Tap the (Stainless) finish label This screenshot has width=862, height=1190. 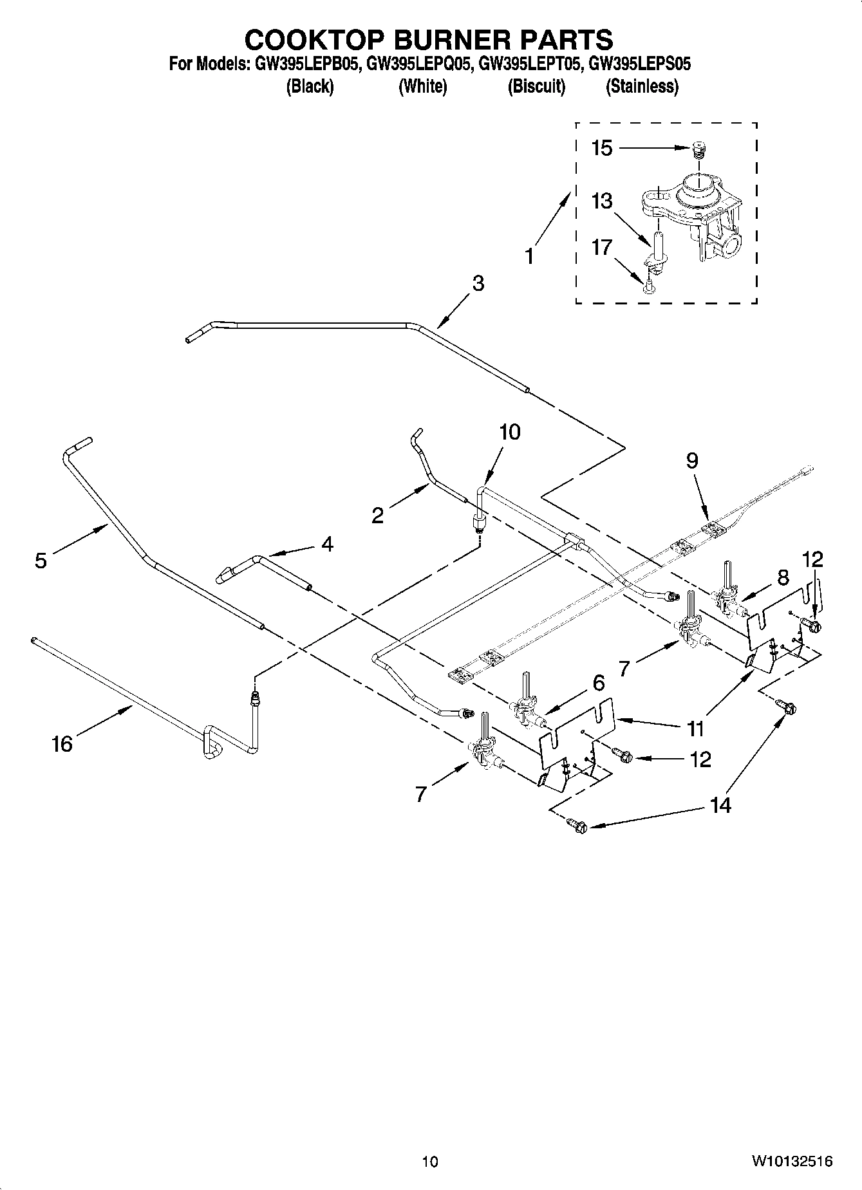pos(642,86)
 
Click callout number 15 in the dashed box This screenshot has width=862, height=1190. pos(602,149)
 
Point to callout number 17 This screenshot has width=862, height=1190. pos(601,247)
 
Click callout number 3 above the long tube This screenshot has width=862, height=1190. pos(478,283)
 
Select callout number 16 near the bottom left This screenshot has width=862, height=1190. pos(62,745)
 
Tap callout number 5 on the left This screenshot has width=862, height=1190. pos(41,561)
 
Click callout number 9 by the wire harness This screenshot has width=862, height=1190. pos(691,461)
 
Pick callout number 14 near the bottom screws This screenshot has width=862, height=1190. pos(720,805)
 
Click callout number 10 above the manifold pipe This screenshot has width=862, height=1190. pos(509,432)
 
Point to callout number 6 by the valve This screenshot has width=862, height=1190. pos(599,682)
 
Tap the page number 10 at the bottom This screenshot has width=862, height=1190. pos(430,1161)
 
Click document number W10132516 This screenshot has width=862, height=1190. pos(791,1161)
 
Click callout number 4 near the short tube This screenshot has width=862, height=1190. pos(327,544)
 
